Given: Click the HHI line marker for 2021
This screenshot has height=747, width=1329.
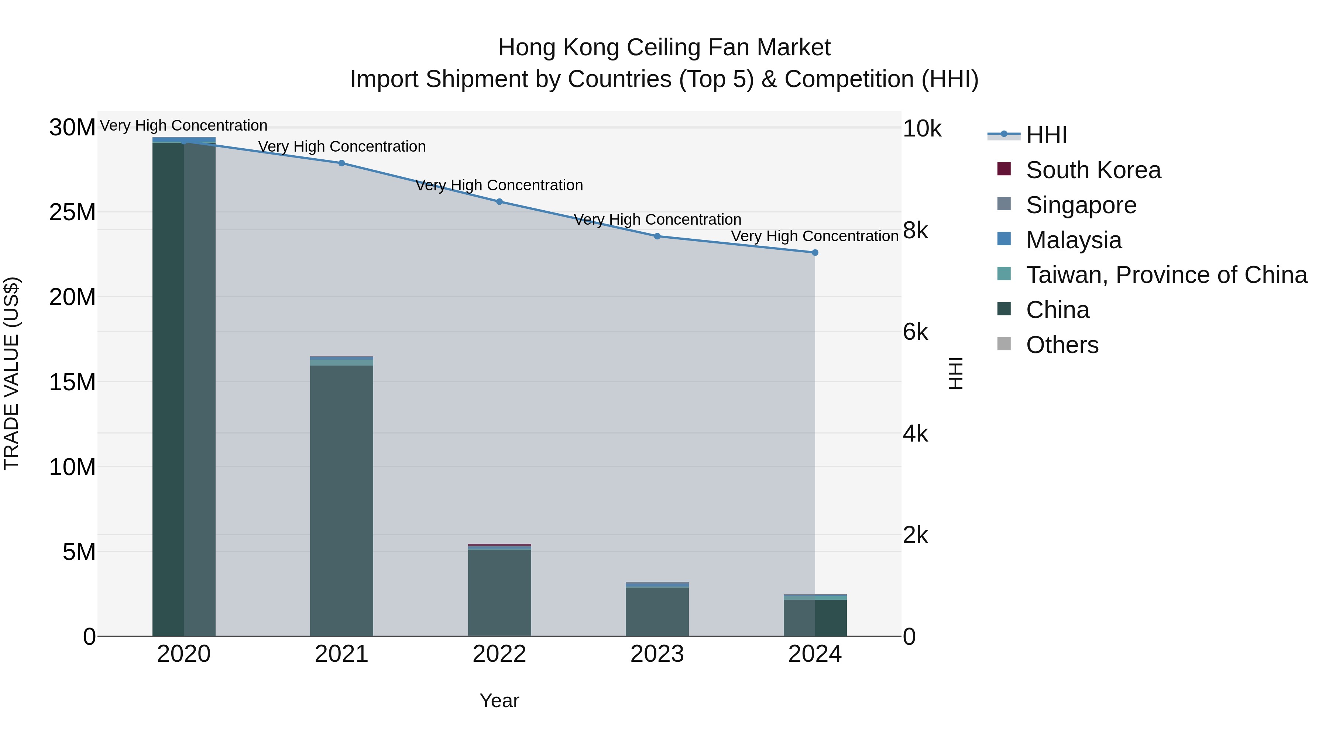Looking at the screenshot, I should pos(341,163).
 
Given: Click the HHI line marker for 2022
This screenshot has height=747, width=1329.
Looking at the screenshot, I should pos(499,201).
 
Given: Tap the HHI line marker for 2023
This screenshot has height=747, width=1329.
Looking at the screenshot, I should pos(657,236).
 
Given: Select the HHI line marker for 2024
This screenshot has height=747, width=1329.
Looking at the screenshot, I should pos(815,253).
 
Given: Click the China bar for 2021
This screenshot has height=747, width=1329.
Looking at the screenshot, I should pos(341,500).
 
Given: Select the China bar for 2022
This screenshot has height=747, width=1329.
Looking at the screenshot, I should pos(499,593).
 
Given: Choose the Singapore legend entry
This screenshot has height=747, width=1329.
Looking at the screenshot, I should pos(1081,205).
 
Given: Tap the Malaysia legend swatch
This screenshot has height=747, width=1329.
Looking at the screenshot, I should pos(1004,239).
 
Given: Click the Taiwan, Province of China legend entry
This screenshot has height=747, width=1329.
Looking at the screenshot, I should pos(1166,275).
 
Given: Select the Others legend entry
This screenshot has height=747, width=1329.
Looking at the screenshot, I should pos(1062,345).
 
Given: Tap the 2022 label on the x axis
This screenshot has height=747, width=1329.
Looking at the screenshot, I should pos(499,654).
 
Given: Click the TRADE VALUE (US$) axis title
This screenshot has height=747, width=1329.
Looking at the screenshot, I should pos(11,373).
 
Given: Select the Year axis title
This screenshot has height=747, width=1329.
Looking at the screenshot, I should pos(499,701).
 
